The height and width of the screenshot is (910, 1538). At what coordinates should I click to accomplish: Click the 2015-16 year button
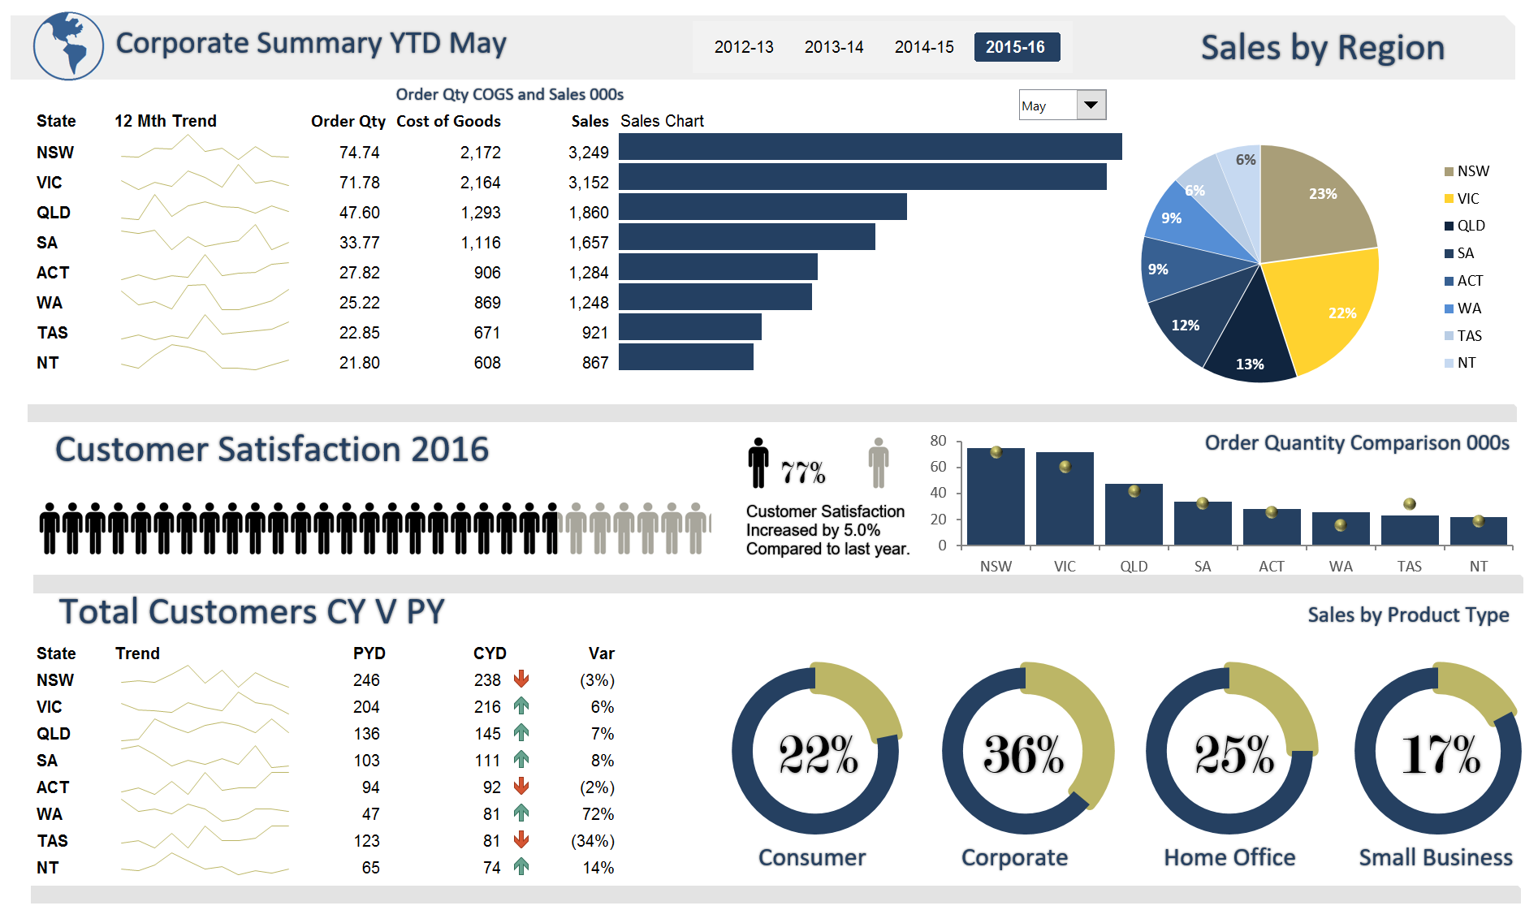1015,47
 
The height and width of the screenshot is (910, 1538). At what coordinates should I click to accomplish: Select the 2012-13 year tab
743,47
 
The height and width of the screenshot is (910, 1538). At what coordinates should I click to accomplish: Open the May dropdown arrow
1091,105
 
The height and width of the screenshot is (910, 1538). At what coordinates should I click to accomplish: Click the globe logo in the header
68,46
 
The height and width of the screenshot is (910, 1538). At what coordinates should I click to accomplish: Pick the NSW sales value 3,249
588,153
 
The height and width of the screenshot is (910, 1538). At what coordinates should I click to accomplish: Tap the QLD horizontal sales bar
762,207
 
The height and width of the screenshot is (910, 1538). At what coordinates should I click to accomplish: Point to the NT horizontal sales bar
685,357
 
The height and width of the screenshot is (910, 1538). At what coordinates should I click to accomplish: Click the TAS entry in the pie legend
1468,336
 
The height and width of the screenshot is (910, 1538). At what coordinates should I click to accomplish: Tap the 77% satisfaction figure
802,472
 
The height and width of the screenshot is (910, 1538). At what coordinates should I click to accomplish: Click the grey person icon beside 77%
878,464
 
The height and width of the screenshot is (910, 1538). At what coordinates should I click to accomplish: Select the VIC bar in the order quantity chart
1064,499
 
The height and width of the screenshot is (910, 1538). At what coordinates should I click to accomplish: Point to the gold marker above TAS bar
1410,504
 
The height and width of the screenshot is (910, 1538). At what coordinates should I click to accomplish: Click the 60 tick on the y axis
938,467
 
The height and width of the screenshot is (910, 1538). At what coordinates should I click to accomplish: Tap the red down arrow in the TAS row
521,840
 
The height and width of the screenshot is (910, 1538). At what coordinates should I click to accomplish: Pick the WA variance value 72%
598,814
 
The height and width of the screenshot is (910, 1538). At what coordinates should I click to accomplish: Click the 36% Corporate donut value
1023,755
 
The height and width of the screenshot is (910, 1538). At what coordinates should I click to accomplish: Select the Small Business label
1435,858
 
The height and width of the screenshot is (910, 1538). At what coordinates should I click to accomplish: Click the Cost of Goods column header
448,121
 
